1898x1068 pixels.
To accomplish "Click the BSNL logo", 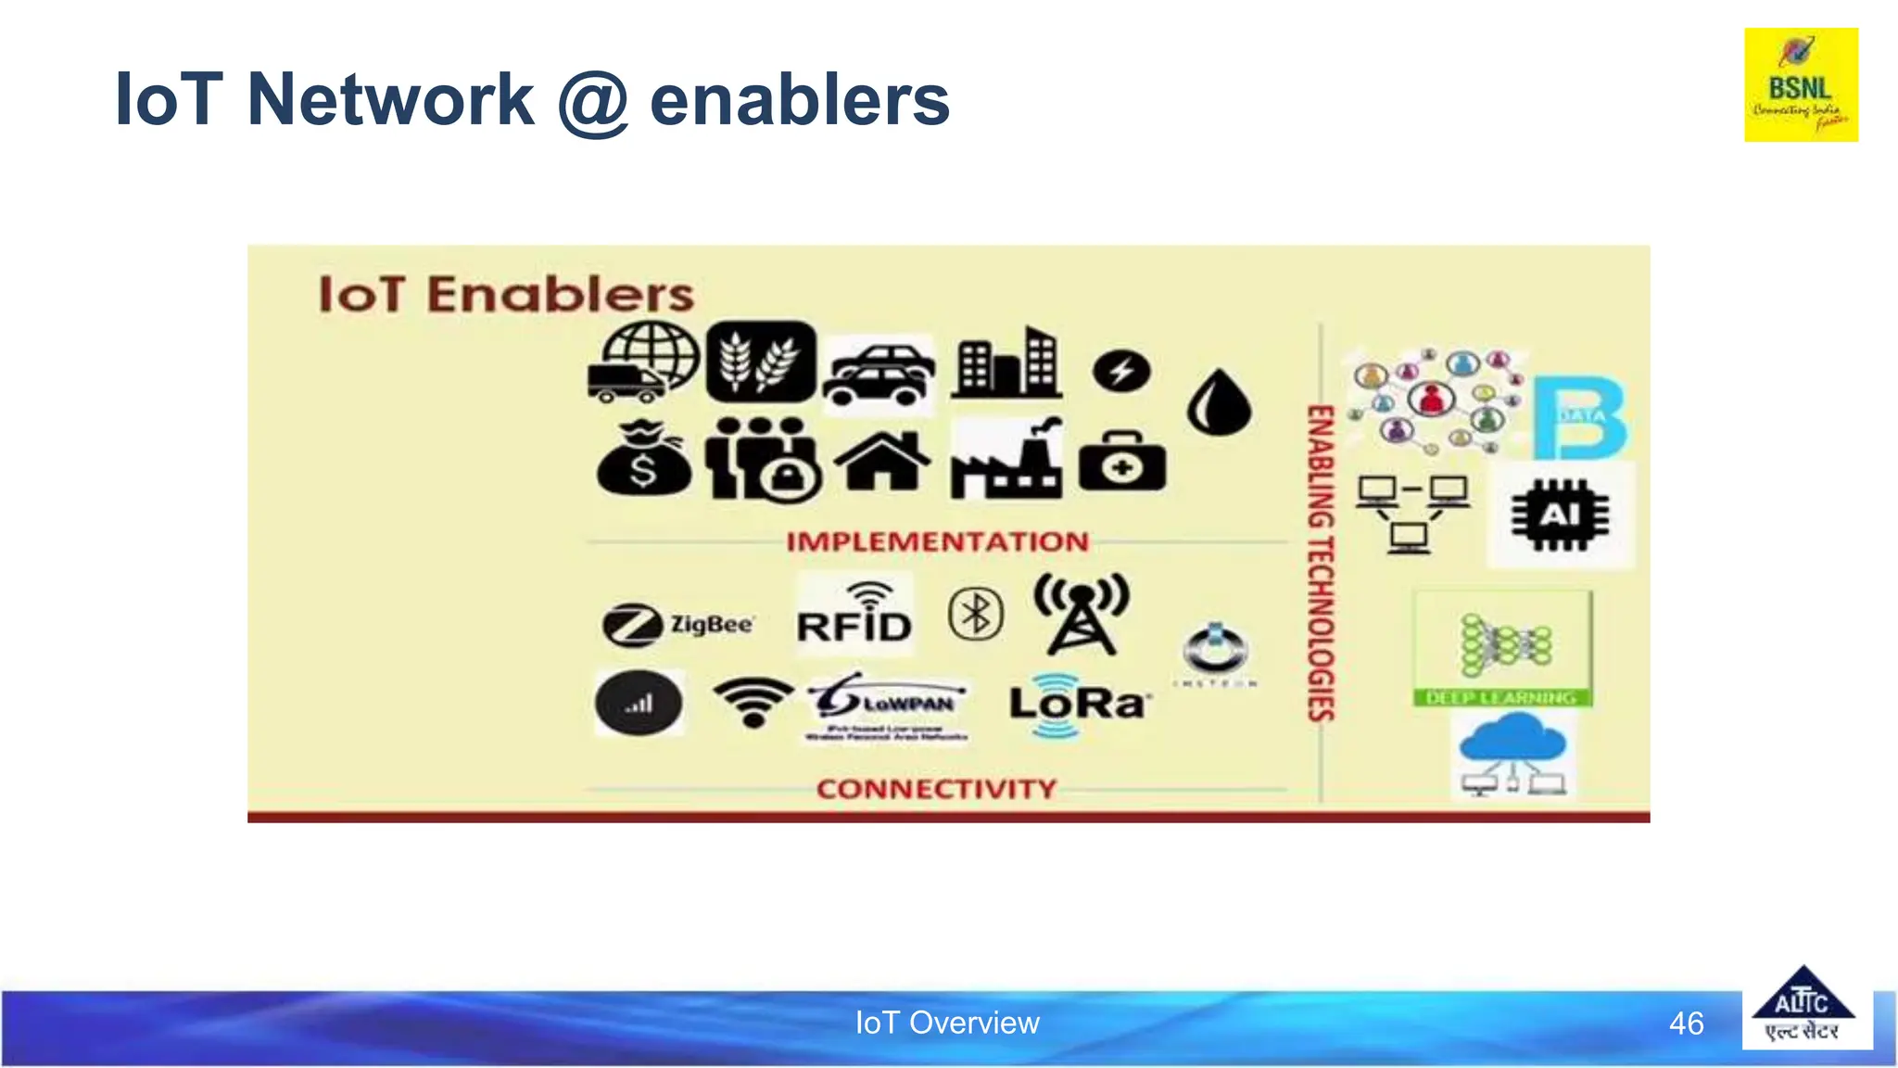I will point(1801,84).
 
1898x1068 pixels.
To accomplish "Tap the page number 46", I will point(1686,1023).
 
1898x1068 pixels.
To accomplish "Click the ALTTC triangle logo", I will point(1803,1005).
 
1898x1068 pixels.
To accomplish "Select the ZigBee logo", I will point(678,625).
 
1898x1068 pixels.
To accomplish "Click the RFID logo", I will point(854,615).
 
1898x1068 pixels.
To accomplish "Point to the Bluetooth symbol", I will point(976,614).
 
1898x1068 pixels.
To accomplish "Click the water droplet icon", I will point(1219,402).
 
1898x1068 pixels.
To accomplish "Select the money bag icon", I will point(643,460).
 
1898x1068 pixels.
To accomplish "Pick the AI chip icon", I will point(1560,515).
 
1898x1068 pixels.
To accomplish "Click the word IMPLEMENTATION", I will point(937,541).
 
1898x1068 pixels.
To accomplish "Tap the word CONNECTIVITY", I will point(936,789).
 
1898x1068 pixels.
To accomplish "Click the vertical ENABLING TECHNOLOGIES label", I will point(1321,563).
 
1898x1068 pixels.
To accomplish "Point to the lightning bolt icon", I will point(1121,372).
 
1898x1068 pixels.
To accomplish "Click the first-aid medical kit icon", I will point(1122,463).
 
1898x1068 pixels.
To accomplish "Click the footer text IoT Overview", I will point(947,1023).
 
